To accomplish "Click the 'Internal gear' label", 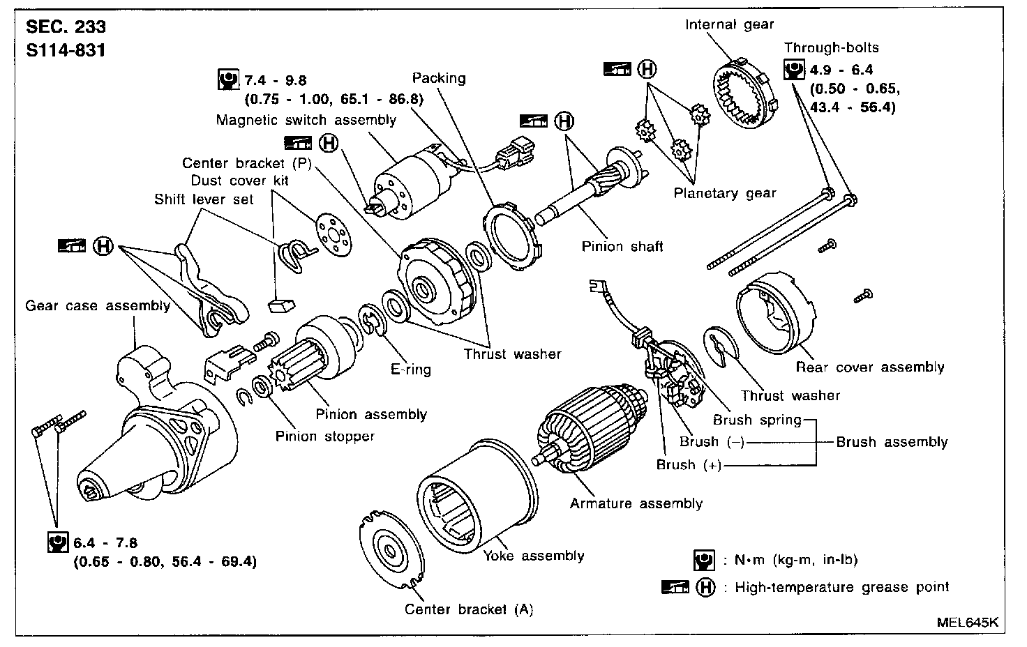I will point(729,25).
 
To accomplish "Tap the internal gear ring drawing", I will point(744,91).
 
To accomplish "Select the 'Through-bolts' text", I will point(831,48).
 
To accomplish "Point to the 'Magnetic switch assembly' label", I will point(306,120).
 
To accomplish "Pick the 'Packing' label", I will point(438,78).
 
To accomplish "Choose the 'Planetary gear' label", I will point(725,194).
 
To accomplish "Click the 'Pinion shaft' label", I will point(622,245).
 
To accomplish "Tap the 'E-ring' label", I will point(410,370).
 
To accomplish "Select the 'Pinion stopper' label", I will point(325,436).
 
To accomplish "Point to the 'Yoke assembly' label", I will point(534,556).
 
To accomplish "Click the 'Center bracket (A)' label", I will point(469,609).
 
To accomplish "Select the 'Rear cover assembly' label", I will point(869,367).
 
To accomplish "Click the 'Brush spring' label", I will point(757,420).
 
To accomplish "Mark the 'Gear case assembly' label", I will point(98,305).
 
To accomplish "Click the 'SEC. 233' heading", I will point(66,27).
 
